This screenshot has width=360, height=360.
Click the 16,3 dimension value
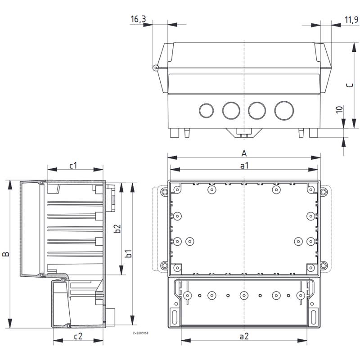coord(138,19)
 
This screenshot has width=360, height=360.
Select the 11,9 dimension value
coord(351,20)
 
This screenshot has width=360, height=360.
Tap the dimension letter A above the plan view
coord(244,153)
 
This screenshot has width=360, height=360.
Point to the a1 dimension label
coord(244,165)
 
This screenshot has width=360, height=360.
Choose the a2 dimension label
coord(244,336)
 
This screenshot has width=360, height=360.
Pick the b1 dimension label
coord(129,253)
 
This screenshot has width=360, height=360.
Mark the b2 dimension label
coord(117,229)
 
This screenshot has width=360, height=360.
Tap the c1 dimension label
coord(73,165)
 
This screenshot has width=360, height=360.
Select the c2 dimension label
coord(78,336)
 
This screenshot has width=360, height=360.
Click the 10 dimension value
coord(339,109)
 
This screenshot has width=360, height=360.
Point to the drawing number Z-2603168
coord(140,333)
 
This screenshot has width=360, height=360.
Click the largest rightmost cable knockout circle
coord(284,110)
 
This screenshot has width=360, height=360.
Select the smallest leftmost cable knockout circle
coord(207,111)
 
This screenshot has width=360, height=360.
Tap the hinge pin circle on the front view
coord(155,67)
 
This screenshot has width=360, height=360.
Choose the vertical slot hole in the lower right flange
coord(313,317)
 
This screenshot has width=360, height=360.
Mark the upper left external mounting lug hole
coord(164,192)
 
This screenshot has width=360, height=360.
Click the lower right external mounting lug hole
coord(323,265)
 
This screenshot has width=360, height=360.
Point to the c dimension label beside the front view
coord(350,85)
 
